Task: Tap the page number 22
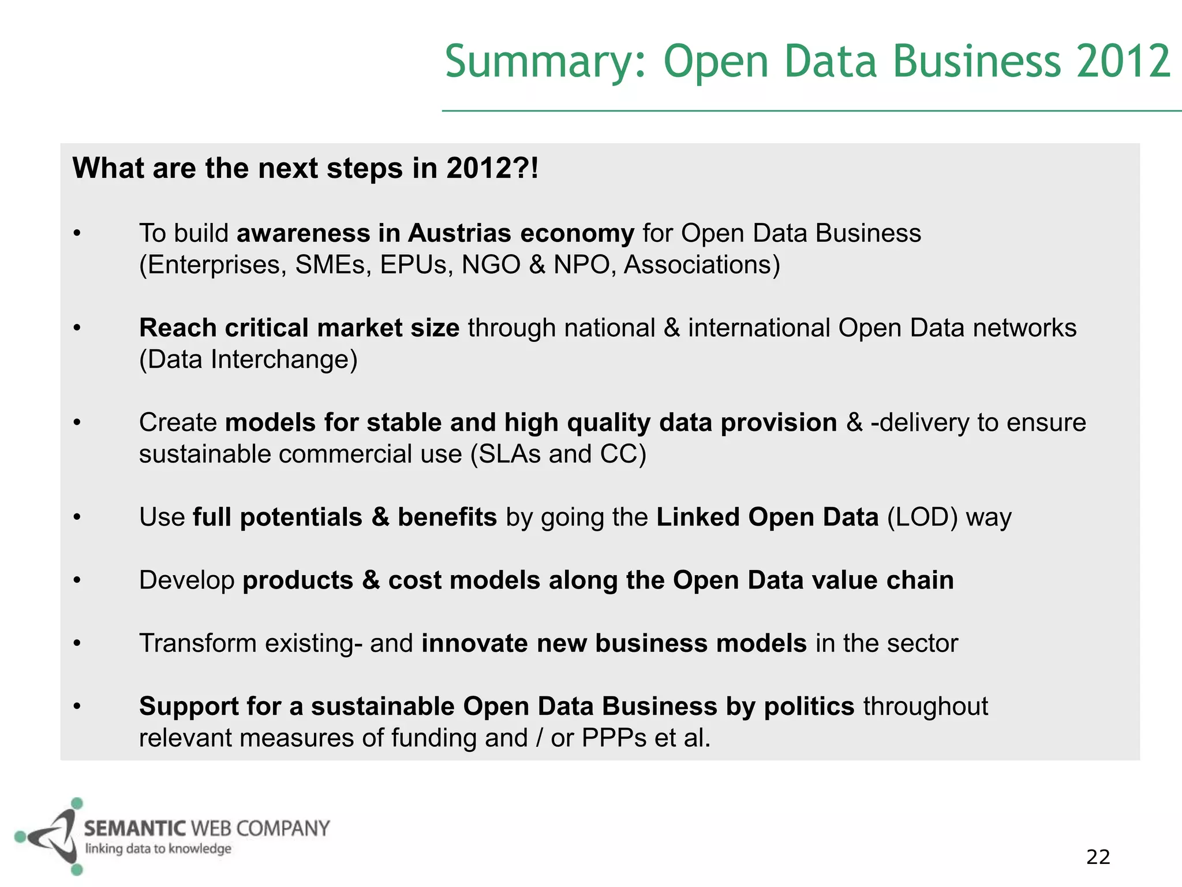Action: click(x=1098, y=857)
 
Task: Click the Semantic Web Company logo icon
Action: click(x=49, y=836)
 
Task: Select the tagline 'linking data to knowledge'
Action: click(x=158, y=848)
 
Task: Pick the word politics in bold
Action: click(x=809, y=706)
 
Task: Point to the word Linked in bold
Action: click(x=698, y=517)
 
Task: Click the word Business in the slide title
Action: click(x=977, y=62)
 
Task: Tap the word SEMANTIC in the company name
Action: click(x=135, y=829)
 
